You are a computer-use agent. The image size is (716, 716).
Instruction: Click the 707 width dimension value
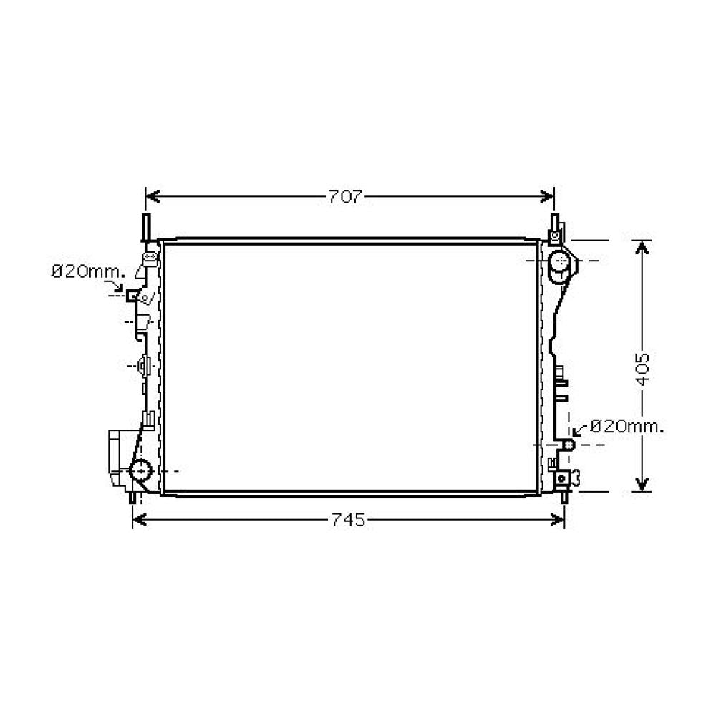pyautogui.click(x=345, y=197)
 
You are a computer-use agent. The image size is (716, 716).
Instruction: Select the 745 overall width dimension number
pyautogui.click(x=348, y=520)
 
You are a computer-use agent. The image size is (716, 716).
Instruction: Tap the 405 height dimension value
pyautogui.click(x=642, y=369)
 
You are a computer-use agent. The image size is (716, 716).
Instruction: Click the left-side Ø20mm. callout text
pyautogui.click(x=88, y=272)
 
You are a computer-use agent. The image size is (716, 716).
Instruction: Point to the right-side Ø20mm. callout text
pyautogui.click(x=626, y=427)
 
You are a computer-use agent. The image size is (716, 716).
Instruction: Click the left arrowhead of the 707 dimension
pyautogui.click(x=153, y=197)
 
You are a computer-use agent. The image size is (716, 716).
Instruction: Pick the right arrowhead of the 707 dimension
pyautogui.click(x=547, y=197)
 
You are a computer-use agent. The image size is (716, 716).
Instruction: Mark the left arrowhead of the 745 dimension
pyautogui.click(x=140, y=520)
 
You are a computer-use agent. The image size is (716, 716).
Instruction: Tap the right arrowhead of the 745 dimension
pyautogui.click(x=558, y=520)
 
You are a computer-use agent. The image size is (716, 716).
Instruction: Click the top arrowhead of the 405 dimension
pyautogui.click(x=642, y=248)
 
